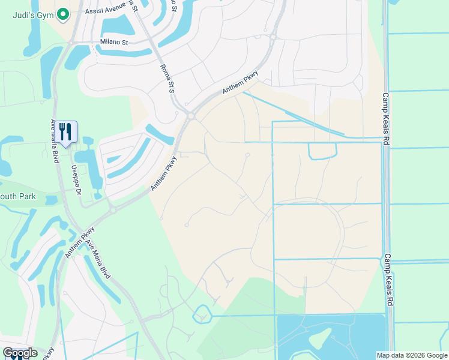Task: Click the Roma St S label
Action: click(166, 79)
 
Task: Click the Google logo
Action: click(20, 353)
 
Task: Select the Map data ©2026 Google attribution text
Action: click(412, 355)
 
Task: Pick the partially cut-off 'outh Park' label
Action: click(18, 196)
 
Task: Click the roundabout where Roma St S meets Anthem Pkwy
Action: click(191, 115)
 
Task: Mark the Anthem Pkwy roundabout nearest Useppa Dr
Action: click(112, 211)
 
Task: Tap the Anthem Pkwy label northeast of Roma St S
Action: click(240, 82)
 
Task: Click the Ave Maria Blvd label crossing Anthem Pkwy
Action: click(97, 259)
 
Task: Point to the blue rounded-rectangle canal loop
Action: click(322, 151)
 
